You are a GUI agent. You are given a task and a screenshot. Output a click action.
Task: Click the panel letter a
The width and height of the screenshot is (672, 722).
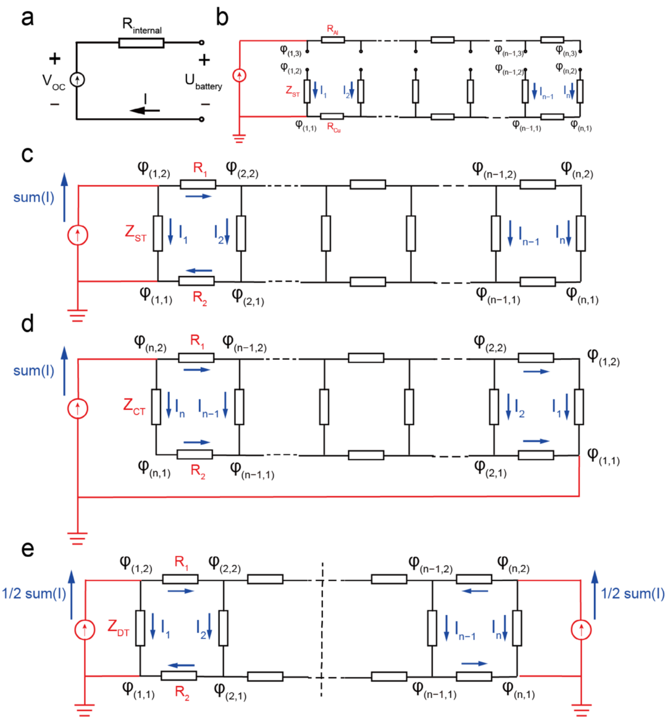click(x=28, y=18)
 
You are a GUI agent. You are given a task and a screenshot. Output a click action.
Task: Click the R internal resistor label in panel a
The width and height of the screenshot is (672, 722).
click(x=141, y=25)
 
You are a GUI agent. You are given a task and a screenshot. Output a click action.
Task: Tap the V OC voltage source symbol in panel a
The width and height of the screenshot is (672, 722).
click(x=77, y=80)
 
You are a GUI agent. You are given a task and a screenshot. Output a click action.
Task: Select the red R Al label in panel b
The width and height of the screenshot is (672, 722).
click(x=333, y=29)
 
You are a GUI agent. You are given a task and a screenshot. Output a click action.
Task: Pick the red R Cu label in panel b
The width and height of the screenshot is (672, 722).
click(x=334, y=127)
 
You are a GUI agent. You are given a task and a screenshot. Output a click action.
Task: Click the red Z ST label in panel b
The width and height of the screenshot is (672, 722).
click(x=293, y=91)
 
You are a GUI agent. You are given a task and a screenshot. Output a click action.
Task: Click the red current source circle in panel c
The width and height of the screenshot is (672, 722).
click(x=78, y=235)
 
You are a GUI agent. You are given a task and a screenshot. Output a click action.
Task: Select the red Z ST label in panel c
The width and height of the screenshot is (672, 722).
click(x=135, y=233)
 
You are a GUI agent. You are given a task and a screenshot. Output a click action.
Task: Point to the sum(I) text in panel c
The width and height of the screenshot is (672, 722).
click(x=33, y=198)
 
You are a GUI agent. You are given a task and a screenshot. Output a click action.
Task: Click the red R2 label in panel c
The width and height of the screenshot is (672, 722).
click(x=200, y=298)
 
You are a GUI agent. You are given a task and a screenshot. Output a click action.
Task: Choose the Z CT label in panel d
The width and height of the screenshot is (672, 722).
click(x=134, y=406)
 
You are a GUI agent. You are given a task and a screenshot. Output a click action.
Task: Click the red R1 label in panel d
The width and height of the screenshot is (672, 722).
click(x=197, y=341)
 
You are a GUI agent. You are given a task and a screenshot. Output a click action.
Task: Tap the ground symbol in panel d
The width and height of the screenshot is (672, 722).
click(x=78, y=538)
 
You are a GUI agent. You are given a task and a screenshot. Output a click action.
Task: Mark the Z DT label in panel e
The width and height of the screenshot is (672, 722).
click(x=118, y=628)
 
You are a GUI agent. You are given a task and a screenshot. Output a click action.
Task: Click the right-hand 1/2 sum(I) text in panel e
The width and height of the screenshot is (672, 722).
click(x=633, y=594)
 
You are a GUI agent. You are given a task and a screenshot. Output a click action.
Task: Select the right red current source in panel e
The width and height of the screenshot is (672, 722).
click(x=581, y=630)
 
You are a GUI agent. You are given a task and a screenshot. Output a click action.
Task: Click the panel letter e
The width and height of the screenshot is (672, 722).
click(x=28, y=549)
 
